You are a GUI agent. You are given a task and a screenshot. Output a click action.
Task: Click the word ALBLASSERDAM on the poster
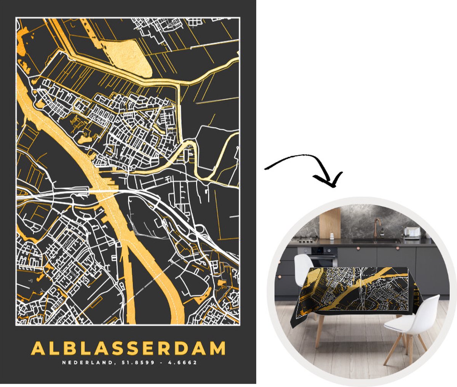point(128,348)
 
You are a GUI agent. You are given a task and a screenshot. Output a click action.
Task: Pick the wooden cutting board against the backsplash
point(330,222)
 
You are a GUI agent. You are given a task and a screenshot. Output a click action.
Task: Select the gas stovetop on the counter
point(305,240)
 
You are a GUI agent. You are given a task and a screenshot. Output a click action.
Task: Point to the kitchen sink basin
point(375,241)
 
